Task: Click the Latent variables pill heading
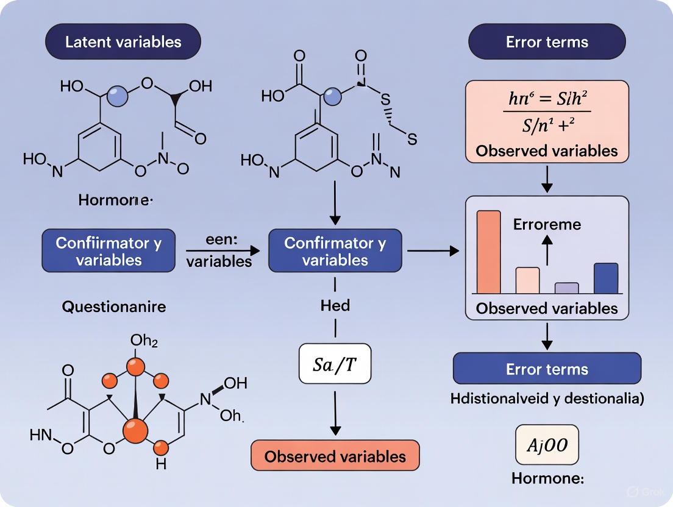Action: point(123,42)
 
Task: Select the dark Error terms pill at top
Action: point(547,42)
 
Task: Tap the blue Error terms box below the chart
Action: point(547,369)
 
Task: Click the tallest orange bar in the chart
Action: point(488,252)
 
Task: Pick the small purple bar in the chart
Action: point(566,288)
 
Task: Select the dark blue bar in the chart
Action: point(605,278)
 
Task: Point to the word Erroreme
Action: point(547,224)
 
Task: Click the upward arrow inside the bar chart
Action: point(547,250)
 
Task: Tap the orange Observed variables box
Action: point(335,456)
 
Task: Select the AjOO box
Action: point(547,445)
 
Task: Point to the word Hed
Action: point(335,305)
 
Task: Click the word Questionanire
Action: point(113,307)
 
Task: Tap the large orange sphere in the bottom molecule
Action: point(135,430)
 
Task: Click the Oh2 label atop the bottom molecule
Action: point(143,341)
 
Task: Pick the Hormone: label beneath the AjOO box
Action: point(547,478)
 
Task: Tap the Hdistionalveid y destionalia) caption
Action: point(547,399)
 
